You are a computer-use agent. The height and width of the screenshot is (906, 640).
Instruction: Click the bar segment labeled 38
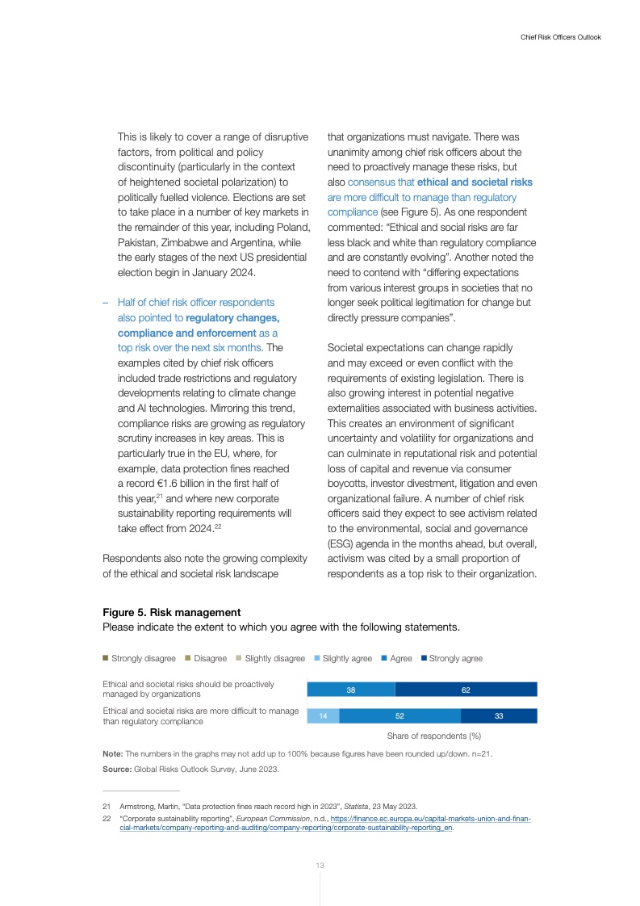pos(351,690)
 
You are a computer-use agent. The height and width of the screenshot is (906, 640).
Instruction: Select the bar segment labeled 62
pos(466,690)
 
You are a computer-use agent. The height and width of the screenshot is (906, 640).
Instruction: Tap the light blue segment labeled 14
pos(324,716)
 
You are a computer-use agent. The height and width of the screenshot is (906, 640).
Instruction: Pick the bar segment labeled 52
pos(400,716)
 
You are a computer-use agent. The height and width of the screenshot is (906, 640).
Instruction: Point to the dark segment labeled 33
pos(499,716)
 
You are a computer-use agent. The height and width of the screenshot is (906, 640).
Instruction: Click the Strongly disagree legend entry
pos(139,658)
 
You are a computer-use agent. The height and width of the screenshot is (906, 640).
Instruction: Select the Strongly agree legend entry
pos(451,658)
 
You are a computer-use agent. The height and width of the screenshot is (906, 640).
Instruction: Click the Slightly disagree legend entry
pos(270,658)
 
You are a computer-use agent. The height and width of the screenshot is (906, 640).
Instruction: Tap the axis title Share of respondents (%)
pos(433,736)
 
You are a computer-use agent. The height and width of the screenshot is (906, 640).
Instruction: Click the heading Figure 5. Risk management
pos(172,613)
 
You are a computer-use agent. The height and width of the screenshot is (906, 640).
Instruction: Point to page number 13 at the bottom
pos(320,866)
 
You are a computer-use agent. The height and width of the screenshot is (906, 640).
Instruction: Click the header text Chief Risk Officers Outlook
pos(561,37)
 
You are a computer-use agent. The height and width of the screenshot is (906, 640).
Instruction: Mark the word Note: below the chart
pos(113,753)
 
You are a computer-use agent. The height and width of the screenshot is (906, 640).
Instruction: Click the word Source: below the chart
pos(118,770)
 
